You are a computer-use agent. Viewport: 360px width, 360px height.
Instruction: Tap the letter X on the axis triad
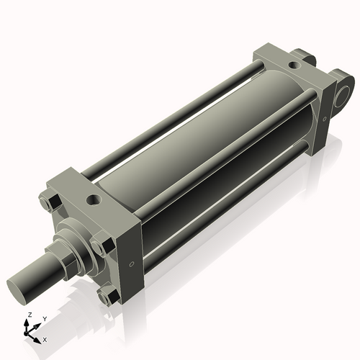pos(45,338)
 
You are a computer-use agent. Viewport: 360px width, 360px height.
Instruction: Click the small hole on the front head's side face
pos(131,265)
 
